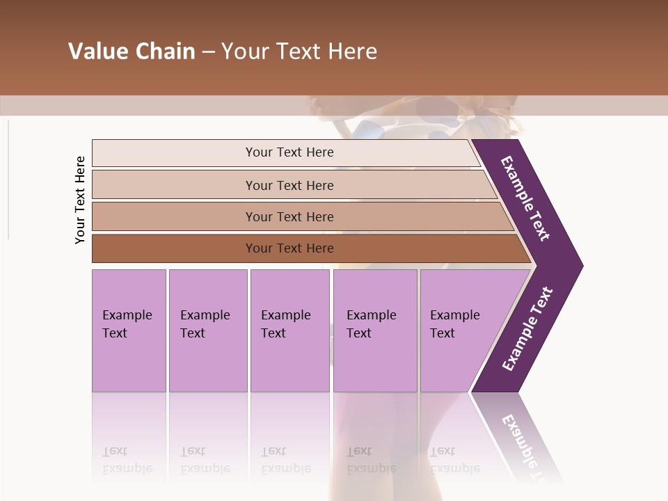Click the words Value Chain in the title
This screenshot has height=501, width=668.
[132, 51]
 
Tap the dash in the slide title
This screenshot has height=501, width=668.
[208, 51]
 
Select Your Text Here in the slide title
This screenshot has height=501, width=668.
[299, 51]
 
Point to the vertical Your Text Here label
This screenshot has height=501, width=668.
[80, 200]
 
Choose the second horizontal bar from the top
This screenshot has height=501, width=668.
[289, 185]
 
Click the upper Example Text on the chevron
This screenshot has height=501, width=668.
[525, 198]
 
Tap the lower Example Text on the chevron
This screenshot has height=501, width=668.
[527, 329]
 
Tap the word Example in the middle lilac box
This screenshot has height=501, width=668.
[285, 315]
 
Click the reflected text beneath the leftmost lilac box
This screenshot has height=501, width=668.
[127, 460]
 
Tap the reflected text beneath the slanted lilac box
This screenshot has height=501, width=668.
[454, 460]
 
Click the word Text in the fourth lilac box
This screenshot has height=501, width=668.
[359, 333]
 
